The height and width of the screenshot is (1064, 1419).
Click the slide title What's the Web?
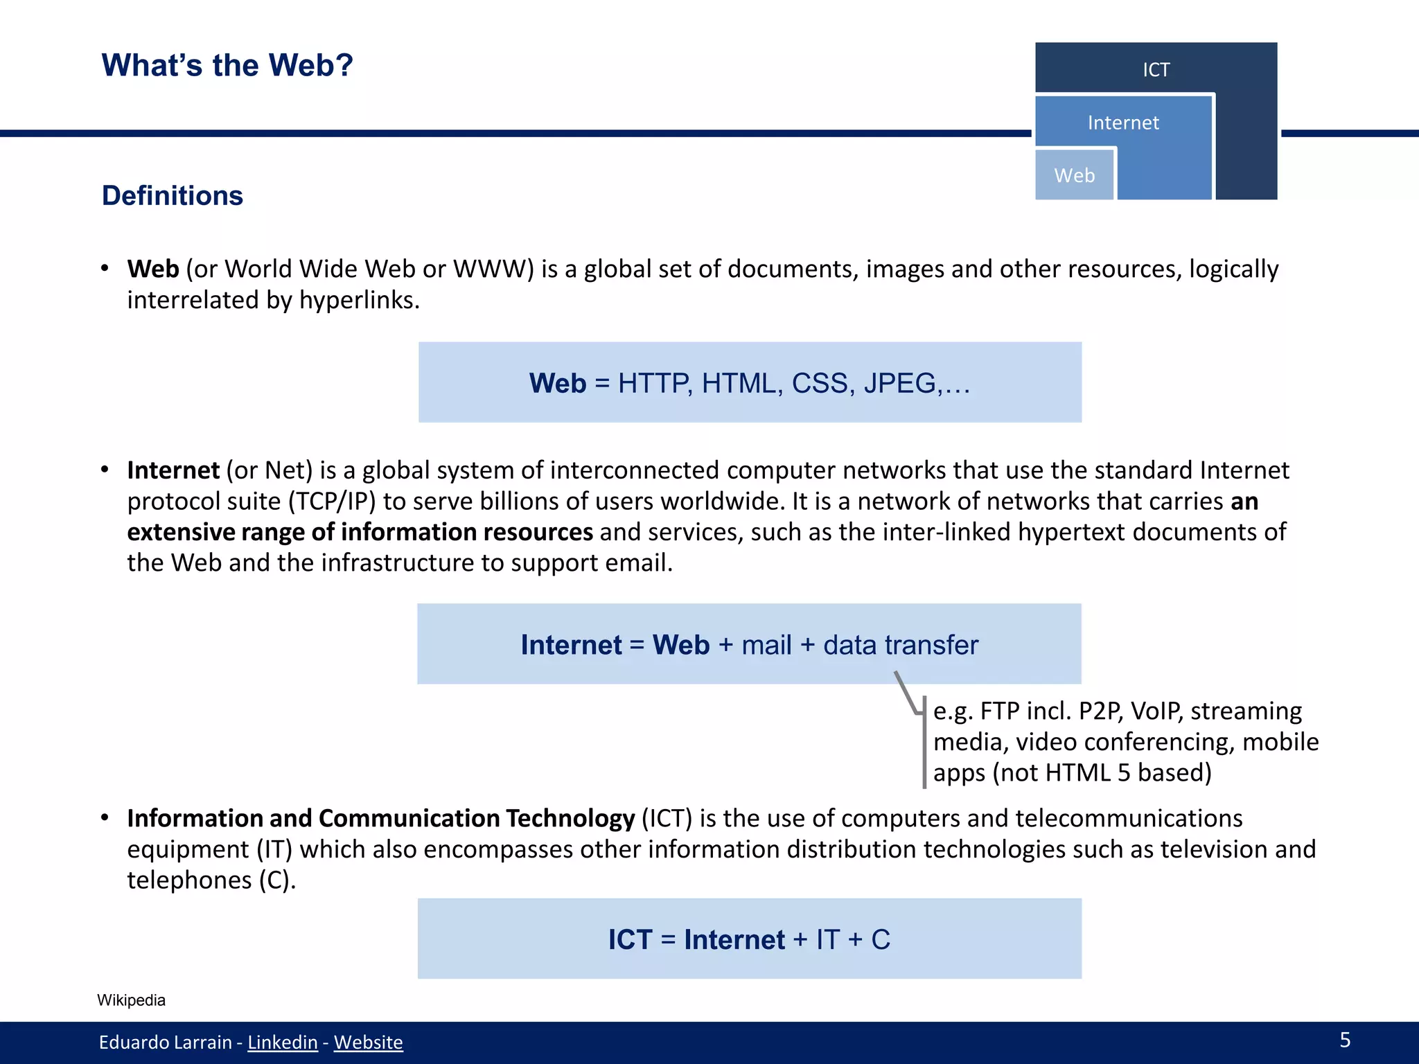pyautogui.click(x=227, y=66)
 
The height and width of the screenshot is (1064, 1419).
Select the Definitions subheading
pyautogui.click(x=173, y=196)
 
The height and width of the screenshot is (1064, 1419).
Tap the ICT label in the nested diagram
pyautogui.click(x=1156, y=70)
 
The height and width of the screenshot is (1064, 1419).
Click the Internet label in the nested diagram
pyautogui.click(x=1122, y=123)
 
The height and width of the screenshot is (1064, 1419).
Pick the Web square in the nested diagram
pyautogui.click(x=1074, y=175)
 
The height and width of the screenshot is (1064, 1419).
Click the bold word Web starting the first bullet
pyautogui.click(x=153, y=269)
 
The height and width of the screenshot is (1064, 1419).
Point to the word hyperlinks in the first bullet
pyautogui.click(x=359, y=300)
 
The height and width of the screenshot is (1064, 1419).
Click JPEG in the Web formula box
pyautogui.click(x=899, y=383)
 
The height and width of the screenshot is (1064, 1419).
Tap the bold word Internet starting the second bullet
pyautogui.click(x=173, y=470)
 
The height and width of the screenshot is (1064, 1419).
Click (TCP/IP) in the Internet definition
pyautogui.click(x=332, y=501)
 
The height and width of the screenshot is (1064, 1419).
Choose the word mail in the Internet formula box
pyautogui.click(x=766, y=645)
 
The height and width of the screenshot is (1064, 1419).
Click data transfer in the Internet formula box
pyautogui.click(x=900, y=645)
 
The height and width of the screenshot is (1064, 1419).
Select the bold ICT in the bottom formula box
pyautogui.click(x=630, y=939)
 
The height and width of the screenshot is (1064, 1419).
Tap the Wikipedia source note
pyautogui.click(x=131, y=1000)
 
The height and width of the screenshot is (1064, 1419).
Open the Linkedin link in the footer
pyautogui.click(x=282, y=1042)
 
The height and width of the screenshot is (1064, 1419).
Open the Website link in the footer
pyautogui.click(x=368, y=1042)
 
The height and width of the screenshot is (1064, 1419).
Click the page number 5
pyautogui.click(x=1345, y=1040)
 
